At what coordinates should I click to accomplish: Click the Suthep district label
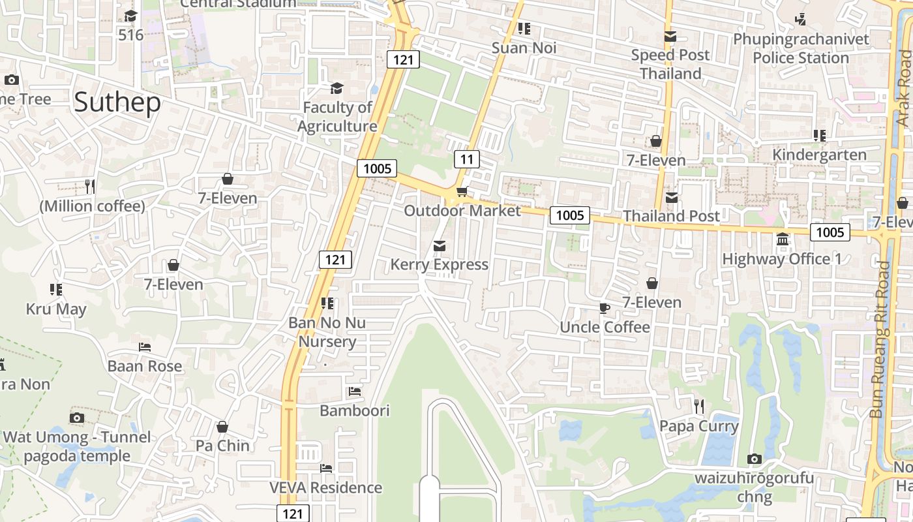coord(117,102)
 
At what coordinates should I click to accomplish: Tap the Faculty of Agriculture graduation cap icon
coord(337,88)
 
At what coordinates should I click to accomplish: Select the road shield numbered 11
coord(466,159)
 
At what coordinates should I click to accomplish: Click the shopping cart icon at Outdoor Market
coord(462,191)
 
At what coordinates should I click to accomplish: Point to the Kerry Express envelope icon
coord(440,246)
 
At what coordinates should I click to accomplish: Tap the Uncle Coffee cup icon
coord(605,308)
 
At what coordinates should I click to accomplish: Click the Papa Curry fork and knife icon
coord(699,407)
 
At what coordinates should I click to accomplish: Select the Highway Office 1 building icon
coord(783,239)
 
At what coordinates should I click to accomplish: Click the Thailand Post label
coord(671,216)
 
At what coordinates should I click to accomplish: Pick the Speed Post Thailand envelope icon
coord(670,37)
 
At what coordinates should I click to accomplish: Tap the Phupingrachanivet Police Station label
coord(801,48)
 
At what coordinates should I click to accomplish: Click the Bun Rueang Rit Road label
coord(880,339)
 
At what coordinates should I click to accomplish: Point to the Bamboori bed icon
coord(355,391)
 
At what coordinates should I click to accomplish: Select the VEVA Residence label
coord(326,487)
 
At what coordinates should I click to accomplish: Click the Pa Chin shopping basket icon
coord(222,427)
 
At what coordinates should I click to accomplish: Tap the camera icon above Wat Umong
coord(77,418)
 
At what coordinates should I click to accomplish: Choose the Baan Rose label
coord(145,366)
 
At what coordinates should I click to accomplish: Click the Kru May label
coord(56,309)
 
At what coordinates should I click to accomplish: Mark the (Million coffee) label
coord(92,206)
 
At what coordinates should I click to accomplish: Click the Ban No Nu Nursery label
coord(327,332)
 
